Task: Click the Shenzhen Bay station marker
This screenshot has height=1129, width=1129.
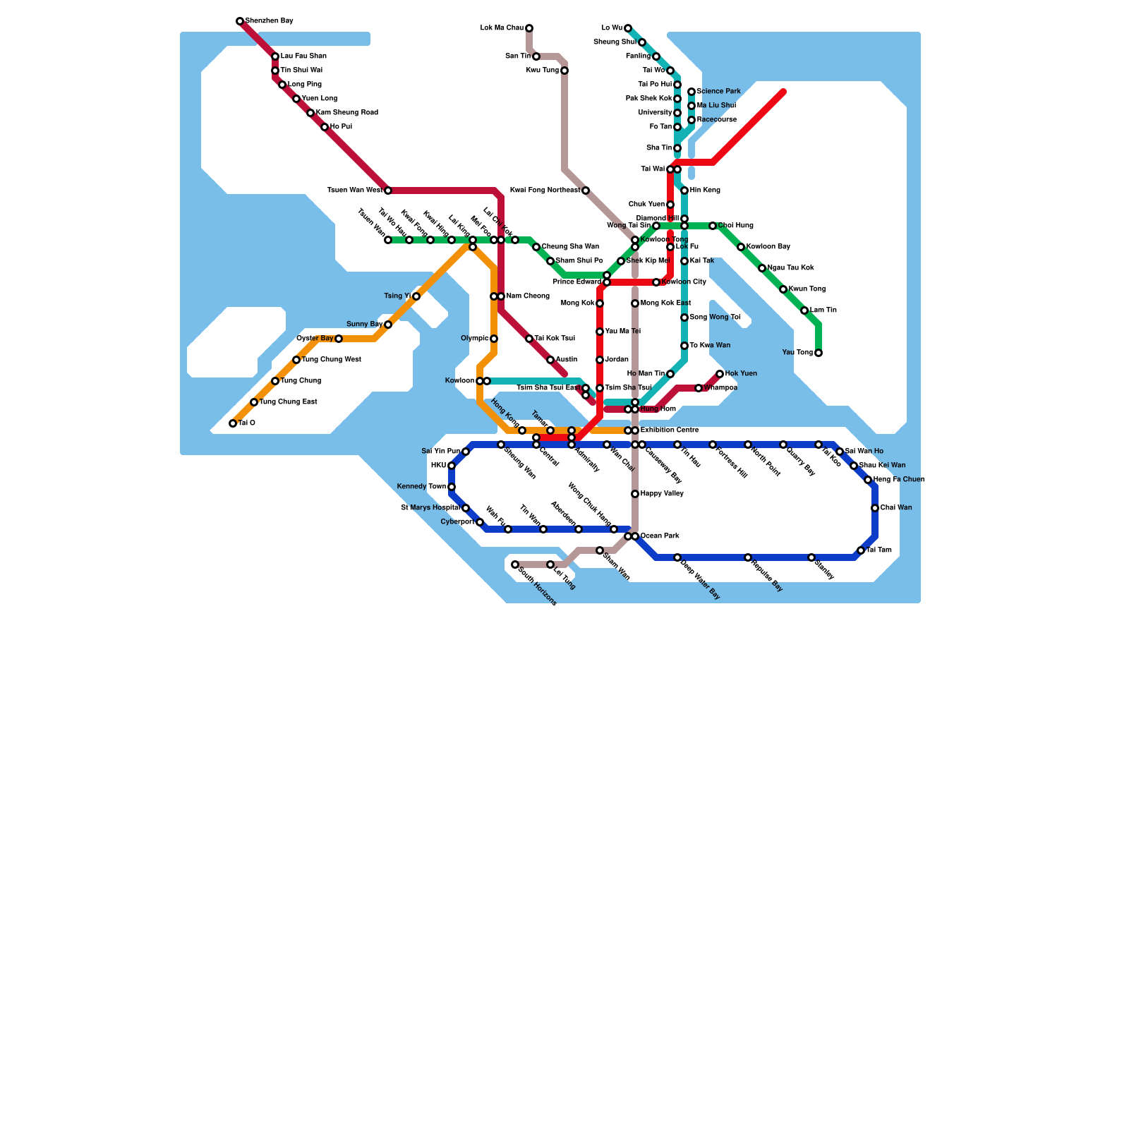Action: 240,21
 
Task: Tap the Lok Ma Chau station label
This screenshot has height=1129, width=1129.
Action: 502,28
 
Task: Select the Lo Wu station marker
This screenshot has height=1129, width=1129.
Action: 628,28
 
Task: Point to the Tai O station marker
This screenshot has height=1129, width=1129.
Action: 233,423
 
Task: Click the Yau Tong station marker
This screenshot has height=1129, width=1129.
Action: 819,353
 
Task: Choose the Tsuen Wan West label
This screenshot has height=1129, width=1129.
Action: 355,191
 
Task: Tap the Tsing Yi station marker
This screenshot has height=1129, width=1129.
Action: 416,296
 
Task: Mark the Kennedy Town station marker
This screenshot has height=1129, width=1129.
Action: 452,487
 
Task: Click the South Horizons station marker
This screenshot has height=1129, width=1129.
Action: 515,564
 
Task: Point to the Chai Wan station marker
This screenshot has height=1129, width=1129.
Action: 875,508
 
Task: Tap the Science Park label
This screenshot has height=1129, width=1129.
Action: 718,92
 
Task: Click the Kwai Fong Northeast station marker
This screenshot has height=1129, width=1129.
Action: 586,191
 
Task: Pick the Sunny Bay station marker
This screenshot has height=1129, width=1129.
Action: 388,325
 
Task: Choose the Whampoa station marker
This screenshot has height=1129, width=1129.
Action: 699,388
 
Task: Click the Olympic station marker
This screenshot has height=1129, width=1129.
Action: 494,339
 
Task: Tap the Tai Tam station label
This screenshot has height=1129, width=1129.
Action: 879,550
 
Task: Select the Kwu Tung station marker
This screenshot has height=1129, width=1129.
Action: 564,71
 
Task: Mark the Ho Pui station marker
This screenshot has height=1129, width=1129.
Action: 325,127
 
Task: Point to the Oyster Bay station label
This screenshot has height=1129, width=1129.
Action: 315,339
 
